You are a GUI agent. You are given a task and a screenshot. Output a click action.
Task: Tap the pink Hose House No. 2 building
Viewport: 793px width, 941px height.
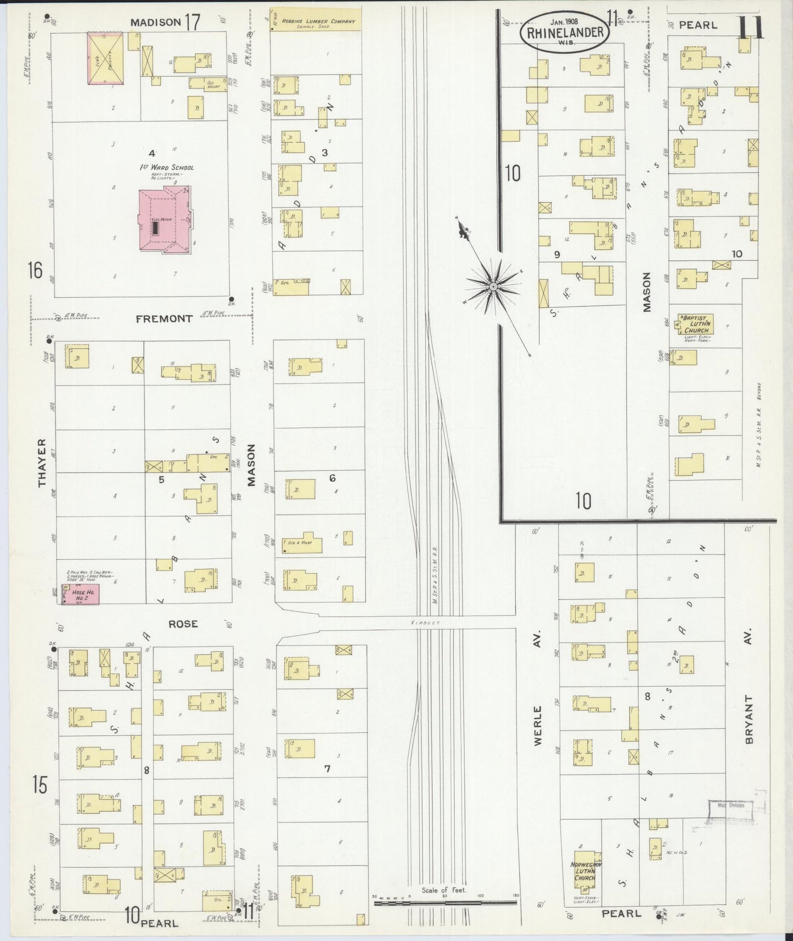(81, 594)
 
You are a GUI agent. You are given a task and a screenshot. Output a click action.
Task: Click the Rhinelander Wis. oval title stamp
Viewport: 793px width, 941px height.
(565, 32)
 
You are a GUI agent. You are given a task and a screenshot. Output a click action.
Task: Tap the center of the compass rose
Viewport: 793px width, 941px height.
(493, 287)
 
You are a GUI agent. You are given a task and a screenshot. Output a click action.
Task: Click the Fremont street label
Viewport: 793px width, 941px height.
(164, 318)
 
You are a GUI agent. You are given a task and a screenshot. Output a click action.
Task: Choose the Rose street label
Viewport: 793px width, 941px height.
(183, 624)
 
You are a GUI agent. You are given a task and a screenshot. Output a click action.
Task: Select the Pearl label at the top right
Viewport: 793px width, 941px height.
(698, 25)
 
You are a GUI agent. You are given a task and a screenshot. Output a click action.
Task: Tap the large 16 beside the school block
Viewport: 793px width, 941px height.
(35, 270)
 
